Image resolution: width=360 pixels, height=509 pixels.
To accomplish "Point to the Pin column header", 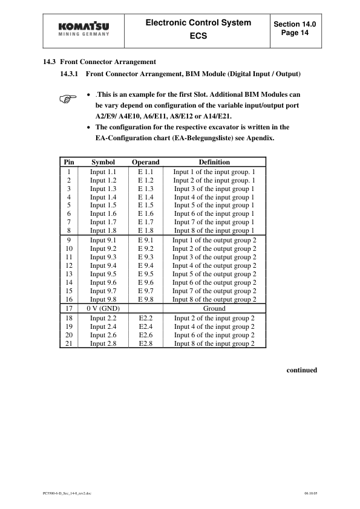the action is [69, 162].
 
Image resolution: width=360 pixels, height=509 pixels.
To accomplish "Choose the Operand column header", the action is [145, 162].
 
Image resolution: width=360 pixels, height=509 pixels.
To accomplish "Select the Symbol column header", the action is [103, 162].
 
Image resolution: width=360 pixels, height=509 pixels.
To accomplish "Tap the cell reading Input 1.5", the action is [103, 206].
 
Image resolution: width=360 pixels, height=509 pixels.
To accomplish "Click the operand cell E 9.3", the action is [145, 257].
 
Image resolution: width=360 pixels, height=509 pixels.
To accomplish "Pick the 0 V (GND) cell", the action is [103, 308].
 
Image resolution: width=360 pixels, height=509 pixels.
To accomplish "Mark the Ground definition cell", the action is [214, 308].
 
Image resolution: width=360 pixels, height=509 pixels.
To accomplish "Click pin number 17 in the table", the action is [69, 308].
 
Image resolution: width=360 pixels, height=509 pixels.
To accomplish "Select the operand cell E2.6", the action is [145, 335].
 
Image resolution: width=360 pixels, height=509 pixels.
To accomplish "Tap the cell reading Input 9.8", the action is [103, 299].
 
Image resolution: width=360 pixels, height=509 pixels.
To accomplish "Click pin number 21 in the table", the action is [69, 343].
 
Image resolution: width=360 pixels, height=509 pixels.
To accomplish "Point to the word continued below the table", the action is [301, 370].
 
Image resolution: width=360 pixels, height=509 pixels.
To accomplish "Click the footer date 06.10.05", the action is [310, 494].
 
